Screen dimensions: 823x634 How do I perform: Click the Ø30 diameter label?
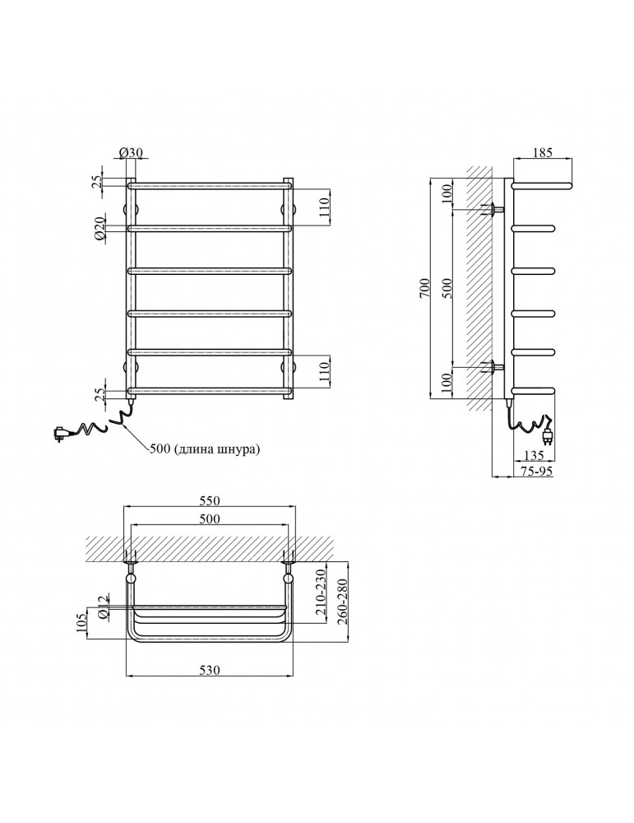131,152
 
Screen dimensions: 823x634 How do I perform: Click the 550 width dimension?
211,500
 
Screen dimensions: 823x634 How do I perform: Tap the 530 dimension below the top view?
210,672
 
